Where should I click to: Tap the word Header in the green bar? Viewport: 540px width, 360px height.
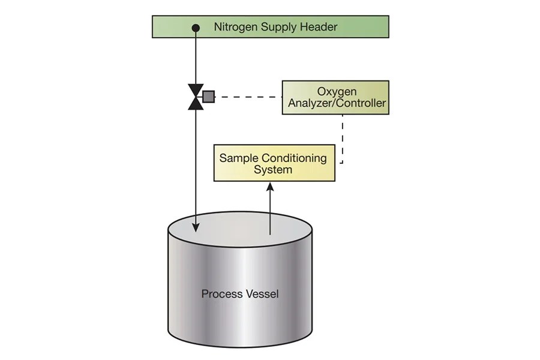(x=321, y=27)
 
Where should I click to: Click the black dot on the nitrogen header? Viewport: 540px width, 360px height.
(x=196, y=28)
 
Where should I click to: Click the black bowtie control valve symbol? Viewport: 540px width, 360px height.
(x=196, y=97)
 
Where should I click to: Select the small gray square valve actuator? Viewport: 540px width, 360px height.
(x=208, y=96)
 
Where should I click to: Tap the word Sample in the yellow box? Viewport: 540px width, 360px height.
(x=238, y=158)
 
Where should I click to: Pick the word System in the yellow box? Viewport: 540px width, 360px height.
(x=273, y=170)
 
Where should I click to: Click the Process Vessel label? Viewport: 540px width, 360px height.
(x=240, y=294)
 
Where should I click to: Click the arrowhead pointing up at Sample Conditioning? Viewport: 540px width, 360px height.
(x=271, y=187)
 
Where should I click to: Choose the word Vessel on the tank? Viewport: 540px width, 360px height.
(x=262, y=294)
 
